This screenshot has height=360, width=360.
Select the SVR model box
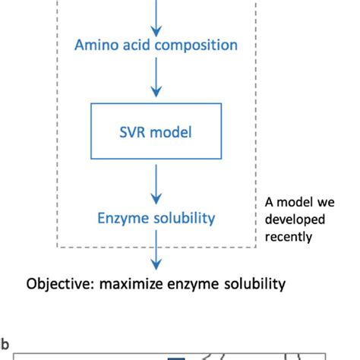(x=156, y=132)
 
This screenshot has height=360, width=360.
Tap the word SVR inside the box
(x=133, y=132)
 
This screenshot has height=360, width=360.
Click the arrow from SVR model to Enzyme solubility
(x=156, y=182)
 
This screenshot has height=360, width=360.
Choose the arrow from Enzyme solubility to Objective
(x=156, y=251)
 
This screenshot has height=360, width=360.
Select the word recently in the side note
(x=289, y=236)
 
